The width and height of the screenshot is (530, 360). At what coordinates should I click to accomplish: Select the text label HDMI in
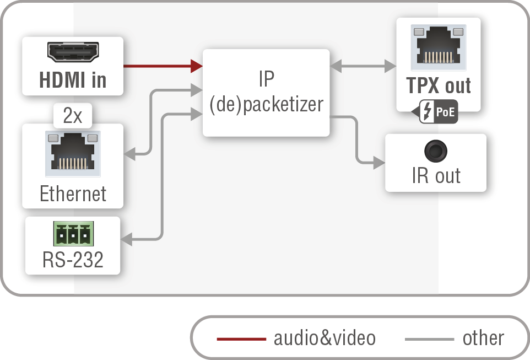point(73,80)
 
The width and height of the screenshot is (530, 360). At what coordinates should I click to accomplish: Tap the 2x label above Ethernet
point(73,116)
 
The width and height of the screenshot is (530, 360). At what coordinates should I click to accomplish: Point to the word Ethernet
point(73,194)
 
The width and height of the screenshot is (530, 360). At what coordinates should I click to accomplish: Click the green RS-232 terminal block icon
point(73,234)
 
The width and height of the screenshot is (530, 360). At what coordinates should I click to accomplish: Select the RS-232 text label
point(73,259)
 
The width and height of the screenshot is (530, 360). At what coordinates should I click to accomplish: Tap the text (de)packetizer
point(266,104)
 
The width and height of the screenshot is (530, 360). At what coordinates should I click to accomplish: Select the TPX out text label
point(439,85)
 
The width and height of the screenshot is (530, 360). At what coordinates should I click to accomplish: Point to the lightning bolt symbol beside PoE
point(428,112)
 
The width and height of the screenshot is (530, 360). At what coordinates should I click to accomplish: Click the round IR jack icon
point(435,151)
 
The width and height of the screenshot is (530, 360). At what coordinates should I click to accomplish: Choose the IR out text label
point(436,176)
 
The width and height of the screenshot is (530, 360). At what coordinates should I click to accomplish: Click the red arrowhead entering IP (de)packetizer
point(197,66)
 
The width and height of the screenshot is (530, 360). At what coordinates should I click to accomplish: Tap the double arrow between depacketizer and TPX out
point(363,66)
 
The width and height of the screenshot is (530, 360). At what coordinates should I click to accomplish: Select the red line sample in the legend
point(241,338)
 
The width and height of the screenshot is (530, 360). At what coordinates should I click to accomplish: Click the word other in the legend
point(483,338)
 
